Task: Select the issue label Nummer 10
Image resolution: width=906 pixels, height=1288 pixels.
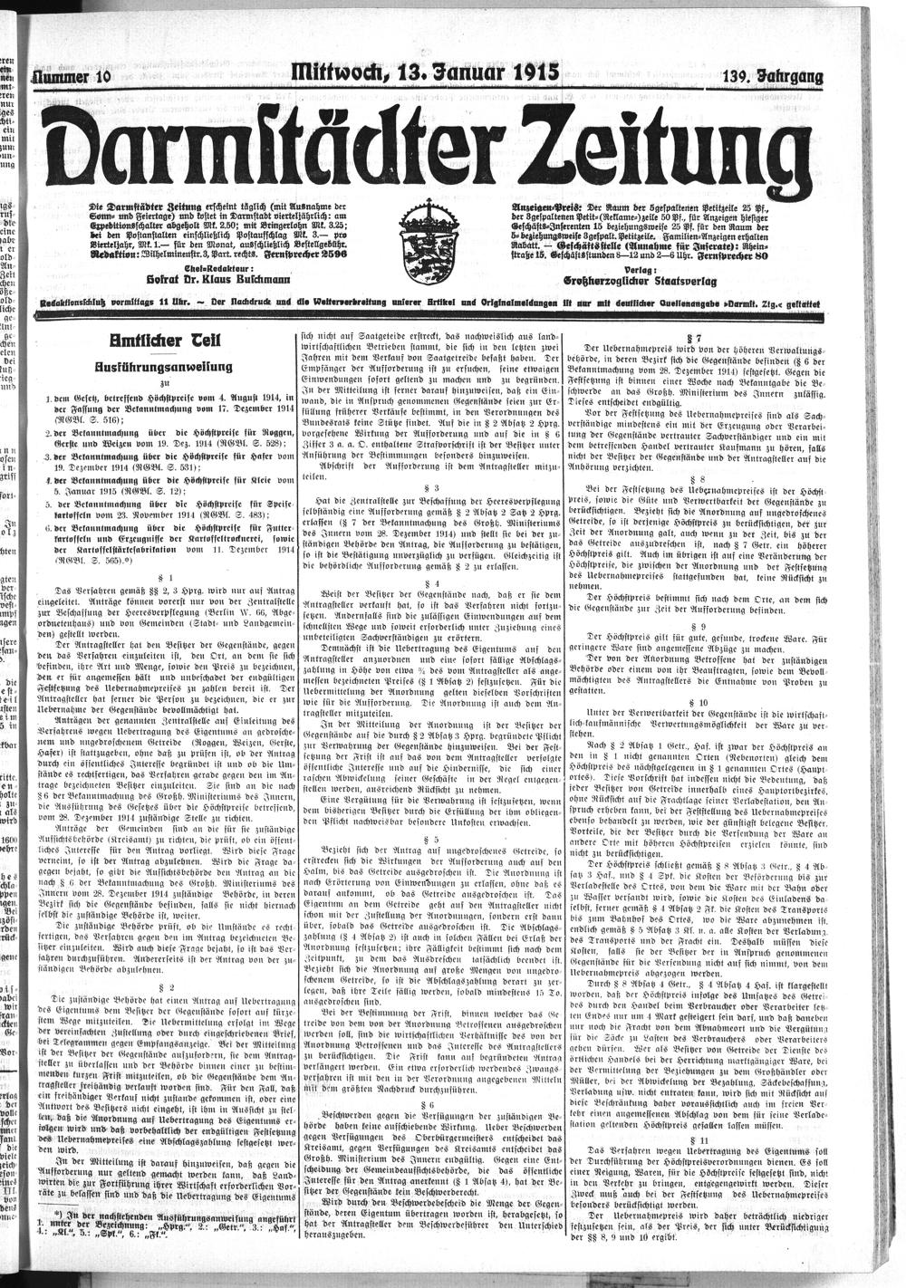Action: click(70, 78)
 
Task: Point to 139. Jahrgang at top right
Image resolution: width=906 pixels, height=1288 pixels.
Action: click(773, 78)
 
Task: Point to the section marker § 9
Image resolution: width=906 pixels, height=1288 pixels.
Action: click(698, 626)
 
